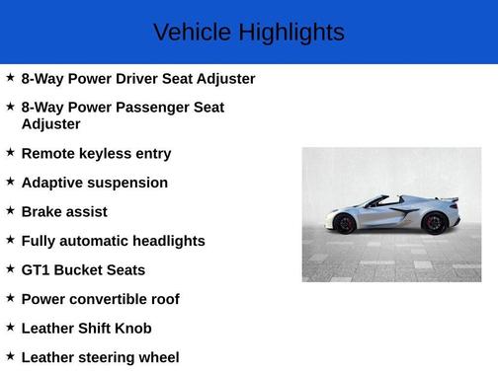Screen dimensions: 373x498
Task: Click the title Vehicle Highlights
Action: pos(249,33)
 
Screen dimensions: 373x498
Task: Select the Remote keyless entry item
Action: pos(96,154)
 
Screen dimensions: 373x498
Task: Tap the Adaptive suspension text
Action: pos(94,183)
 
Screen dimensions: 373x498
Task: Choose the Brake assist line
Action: pos(64,212)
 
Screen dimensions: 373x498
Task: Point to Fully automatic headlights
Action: pos(113,241)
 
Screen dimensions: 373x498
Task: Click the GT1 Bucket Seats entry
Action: pos(83,270)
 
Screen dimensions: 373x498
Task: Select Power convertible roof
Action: pos(100,299)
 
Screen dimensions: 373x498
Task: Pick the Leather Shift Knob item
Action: pos(86,329)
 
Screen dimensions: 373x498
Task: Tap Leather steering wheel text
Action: pos(100,357)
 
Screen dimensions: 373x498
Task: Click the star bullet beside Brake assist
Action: pos(10,211)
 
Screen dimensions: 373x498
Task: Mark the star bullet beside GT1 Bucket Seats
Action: pos(10,269)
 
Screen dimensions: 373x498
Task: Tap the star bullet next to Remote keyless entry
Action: pos(10,153)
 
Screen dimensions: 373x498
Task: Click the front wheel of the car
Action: pos(345,223)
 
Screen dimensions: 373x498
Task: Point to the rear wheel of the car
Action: pos(433,222)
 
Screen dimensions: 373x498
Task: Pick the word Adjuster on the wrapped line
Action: pos(50,125)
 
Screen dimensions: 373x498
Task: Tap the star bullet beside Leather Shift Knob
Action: pos(10,328)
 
